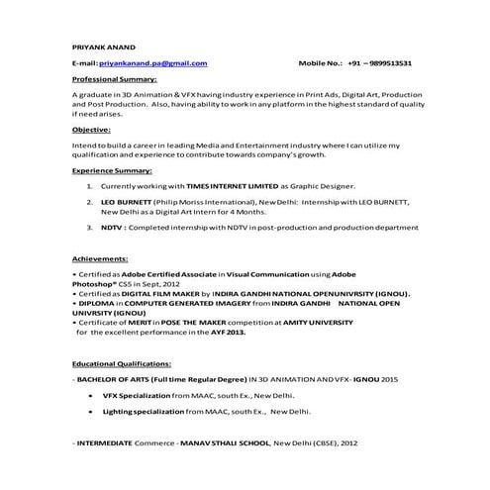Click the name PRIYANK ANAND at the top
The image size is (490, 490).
click(104, 46)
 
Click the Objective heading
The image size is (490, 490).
click(91, 129)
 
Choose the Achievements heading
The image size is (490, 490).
click(101, 256)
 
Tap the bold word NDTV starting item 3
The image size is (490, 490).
click(113, 227)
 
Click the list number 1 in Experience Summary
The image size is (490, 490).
click(89, 185)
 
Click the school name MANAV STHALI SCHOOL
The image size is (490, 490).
click(224, 442)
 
